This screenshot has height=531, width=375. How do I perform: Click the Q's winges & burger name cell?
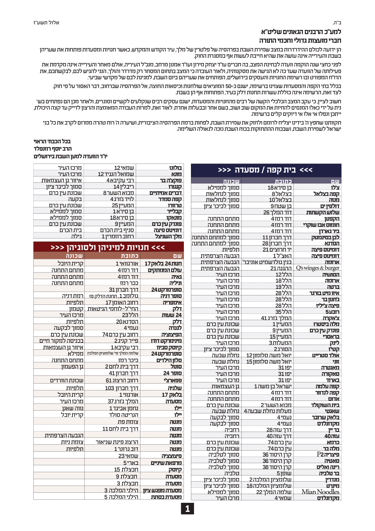317,268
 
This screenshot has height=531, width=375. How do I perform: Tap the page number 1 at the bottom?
187,509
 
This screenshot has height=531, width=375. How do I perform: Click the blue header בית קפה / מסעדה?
266,170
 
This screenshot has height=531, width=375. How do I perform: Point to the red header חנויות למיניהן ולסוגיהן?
108,247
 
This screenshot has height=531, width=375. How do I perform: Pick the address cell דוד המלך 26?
277,212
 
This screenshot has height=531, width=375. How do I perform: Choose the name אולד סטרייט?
325,355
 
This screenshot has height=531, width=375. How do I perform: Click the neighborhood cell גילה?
76,236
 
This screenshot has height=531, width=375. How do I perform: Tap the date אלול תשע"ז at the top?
46,23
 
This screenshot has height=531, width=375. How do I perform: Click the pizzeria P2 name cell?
328,454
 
